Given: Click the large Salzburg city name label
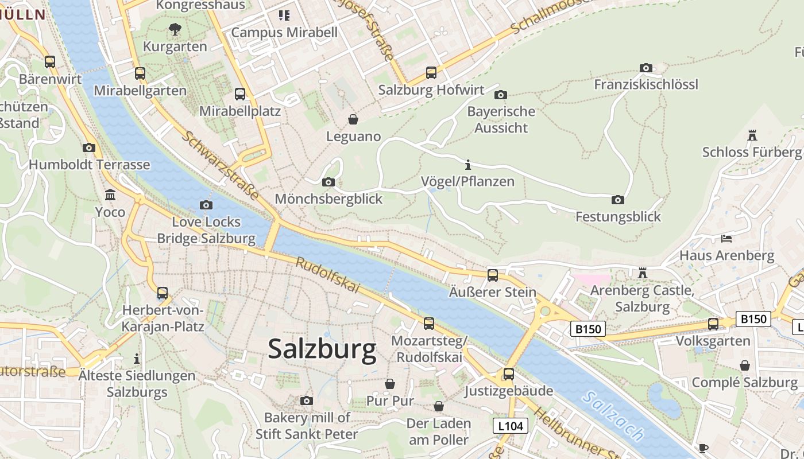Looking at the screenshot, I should click(322, 348).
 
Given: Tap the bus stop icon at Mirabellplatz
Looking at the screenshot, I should click(240, 94).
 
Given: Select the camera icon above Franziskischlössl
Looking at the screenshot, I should click(646, 68).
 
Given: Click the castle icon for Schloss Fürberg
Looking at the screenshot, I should click(752, 135).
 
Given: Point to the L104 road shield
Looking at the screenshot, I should click(510, 426).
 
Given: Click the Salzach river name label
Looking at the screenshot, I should click(613, 415).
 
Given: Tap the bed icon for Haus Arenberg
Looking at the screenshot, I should click(726, 238).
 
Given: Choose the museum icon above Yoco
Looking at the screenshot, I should click(110, 195).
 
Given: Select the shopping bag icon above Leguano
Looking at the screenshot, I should click(353, 119).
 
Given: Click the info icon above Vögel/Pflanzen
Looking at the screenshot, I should click(468, 165).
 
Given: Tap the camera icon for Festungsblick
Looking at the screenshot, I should click(618, 200).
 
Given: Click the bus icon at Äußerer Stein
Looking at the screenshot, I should click(492, 275).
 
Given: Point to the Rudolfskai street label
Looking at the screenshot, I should click(327, 274).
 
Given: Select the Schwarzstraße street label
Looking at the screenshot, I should click(221, 165).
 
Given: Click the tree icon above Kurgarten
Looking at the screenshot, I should click(175, 29).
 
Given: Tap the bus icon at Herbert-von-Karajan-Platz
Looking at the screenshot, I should click(163, 293).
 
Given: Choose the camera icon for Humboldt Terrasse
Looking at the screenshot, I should click(88, 147).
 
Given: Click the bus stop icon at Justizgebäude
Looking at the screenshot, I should click(508, 374).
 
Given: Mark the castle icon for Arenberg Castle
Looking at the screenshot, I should click(643, 273).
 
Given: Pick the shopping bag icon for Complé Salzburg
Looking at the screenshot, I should click(744, 365).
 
